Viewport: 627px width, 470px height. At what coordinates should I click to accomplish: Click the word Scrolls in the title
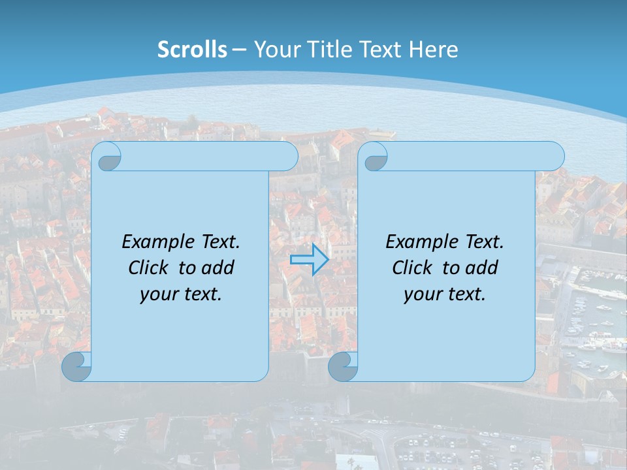tap(193, 50)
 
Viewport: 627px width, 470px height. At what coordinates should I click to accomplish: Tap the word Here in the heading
tap(434, 50)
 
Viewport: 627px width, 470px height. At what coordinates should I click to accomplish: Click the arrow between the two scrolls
tap(309, 260)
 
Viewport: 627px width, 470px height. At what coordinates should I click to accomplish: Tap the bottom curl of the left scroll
tap(77, 367)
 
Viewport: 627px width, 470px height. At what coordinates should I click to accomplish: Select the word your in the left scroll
tap(157, 294)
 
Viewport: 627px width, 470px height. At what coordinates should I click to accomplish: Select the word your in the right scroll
tap(421, 294)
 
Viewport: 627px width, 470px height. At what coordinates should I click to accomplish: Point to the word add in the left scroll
tap(218, 268)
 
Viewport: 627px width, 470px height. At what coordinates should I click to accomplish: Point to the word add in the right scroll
tap(482, 268)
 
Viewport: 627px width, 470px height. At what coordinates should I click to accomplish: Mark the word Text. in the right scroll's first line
tap(484, 242)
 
